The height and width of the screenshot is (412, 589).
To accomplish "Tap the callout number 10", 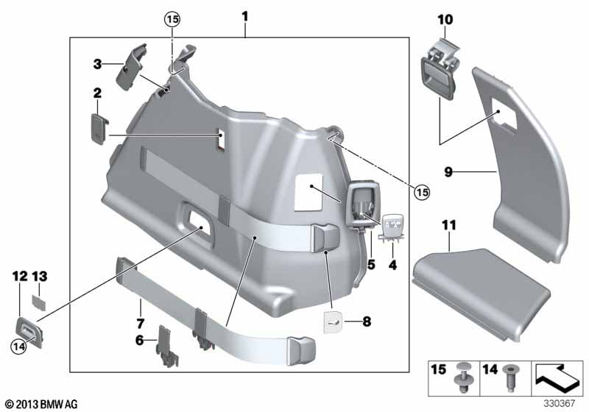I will pyautogui.click(x=446, y=19).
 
